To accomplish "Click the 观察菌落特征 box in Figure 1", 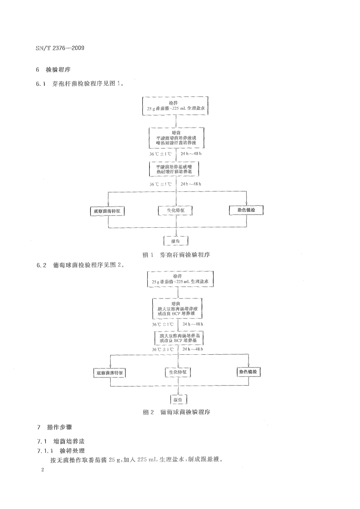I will pyautogui.click(x=108, y=211).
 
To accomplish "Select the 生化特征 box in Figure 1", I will pyautogui.click(x=175, y=211).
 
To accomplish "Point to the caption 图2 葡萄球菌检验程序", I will pyautogui.click(x=176, y=413).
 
